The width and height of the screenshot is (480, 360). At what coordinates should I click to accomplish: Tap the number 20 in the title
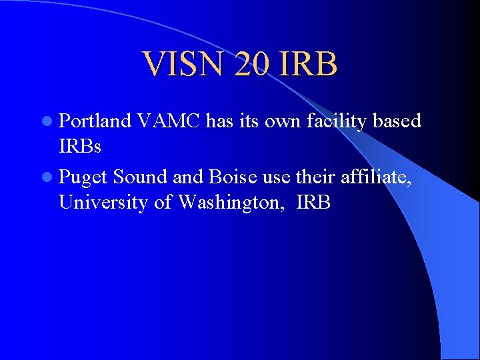[254, 65]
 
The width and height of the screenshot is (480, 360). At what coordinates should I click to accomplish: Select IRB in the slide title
[309, 65]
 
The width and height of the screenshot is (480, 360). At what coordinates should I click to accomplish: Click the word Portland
[95, 121]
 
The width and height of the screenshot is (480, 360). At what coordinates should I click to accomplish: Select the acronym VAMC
[169, 121]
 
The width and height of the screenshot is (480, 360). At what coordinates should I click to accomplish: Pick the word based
[397, 121]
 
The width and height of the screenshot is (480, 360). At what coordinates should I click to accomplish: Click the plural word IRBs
[80, 147]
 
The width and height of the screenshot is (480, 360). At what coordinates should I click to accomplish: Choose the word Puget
[84, 177]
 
